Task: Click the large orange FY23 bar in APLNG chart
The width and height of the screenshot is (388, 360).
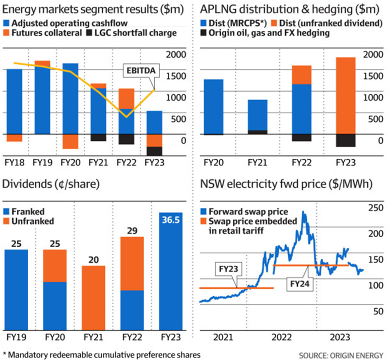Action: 345,96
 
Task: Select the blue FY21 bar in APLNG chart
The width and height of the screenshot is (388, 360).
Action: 257,115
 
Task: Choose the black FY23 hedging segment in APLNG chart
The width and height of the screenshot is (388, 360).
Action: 345,140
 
